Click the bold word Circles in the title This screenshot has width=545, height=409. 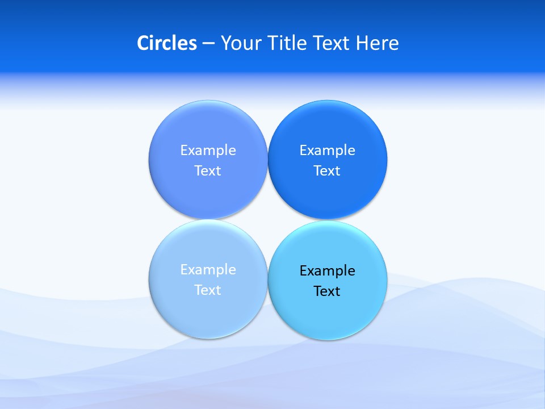(167, 43)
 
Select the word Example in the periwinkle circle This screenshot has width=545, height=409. (208, 150)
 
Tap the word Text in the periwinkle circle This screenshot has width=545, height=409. (208, 170)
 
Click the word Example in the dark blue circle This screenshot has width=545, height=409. (327, 150)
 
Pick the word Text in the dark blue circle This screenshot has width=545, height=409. (327, 170)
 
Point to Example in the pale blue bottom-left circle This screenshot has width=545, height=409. (208, 269)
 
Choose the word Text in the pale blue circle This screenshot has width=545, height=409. (208, 290)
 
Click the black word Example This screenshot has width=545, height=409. (327, 270)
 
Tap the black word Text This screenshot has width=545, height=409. (327, 291)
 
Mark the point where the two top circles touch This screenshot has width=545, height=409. (267, 160)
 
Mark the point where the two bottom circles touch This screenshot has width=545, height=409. (267, 279)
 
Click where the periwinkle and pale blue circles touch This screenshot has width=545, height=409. (208, 219)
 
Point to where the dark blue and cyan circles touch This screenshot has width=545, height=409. (328, 220)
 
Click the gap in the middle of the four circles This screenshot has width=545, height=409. (267, 220)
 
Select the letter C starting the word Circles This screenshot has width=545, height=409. (143, 43)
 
